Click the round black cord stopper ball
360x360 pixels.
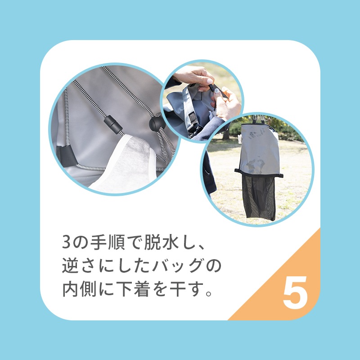154,124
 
